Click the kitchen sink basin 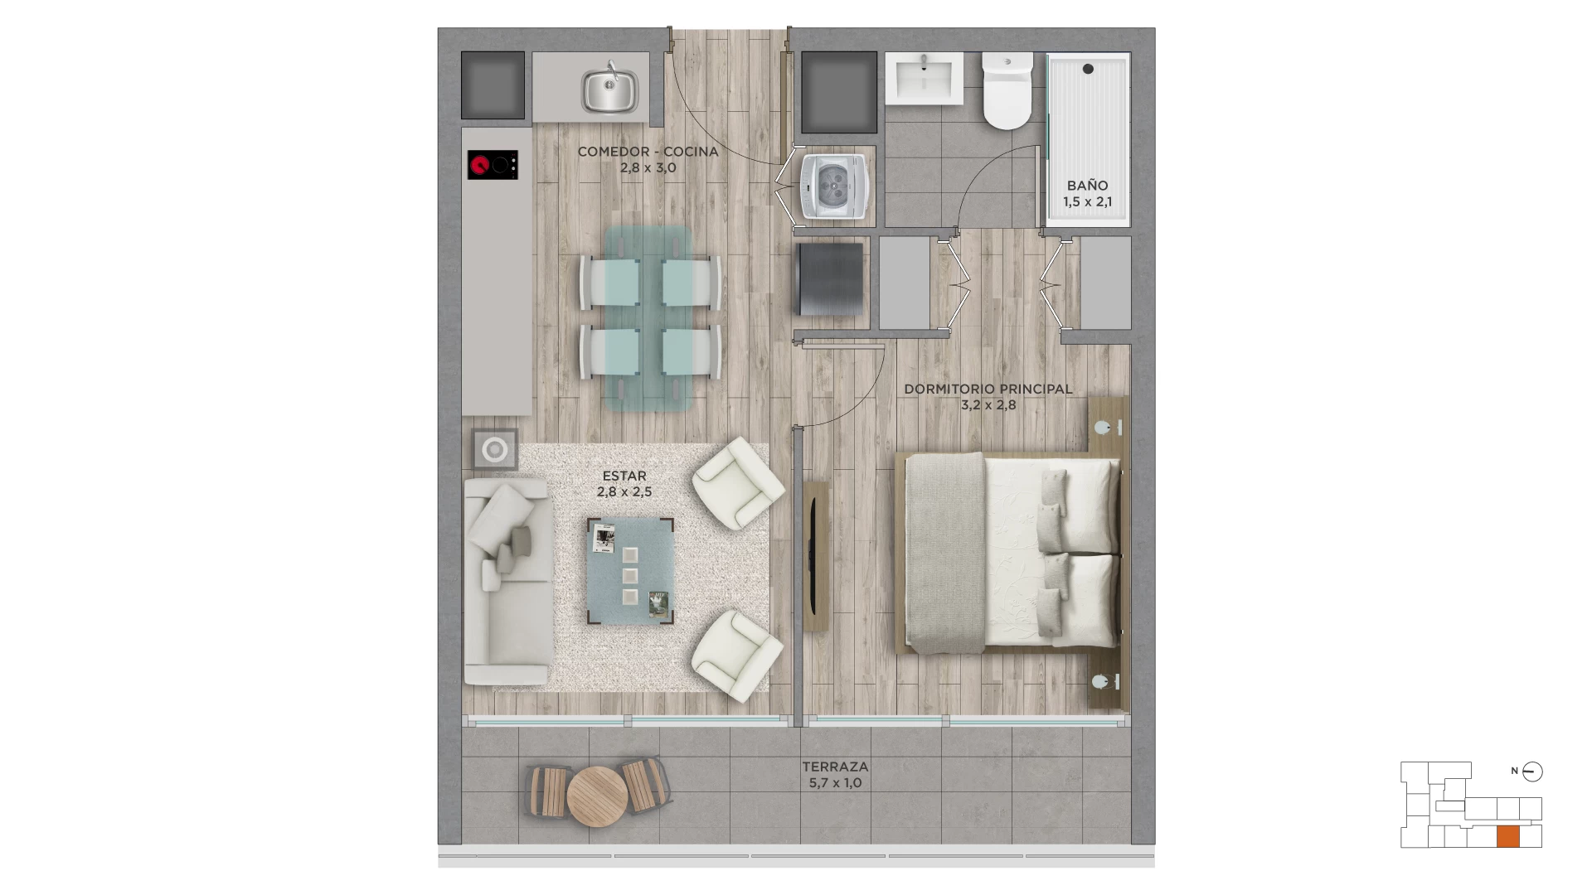609,91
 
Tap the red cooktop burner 478,165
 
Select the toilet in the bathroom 1007,90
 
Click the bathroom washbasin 924,78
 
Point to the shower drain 1088,69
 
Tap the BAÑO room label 1088,186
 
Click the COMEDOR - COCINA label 648,152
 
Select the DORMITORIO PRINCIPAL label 988,389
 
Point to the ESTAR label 624,477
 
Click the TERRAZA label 835,767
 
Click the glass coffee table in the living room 630,572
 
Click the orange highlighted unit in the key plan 1508,836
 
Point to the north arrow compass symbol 1533,772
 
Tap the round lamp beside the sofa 495,450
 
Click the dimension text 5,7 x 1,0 835,783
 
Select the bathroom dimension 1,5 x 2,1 1088,201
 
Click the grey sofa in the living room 507,581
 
